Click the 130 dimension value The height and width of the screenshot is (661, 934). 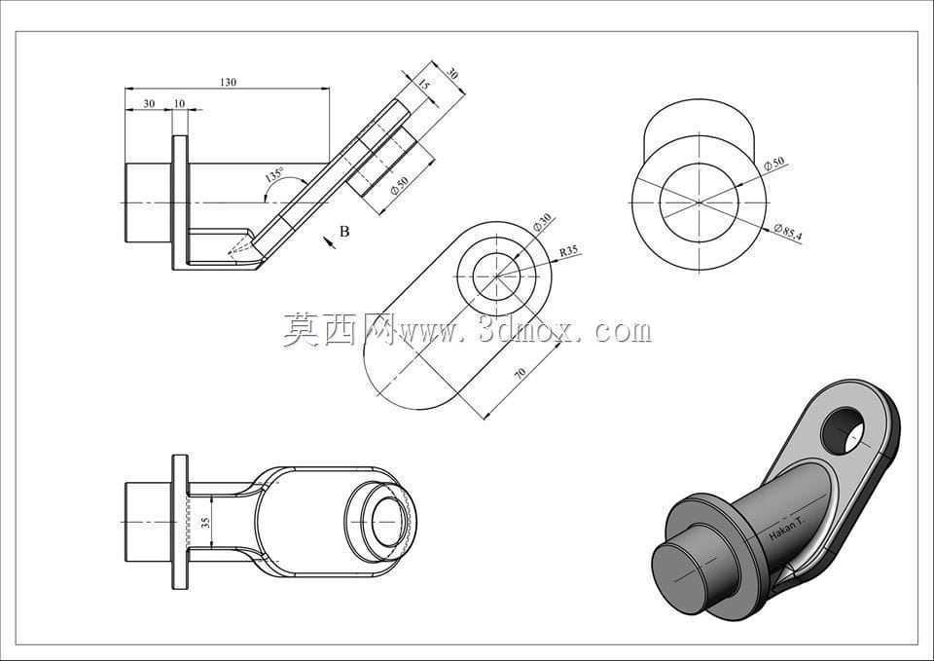[228, 82]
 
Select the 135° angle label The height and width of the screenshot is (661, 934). [275, 174]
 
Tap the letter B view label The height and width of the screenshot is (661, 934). [344, 232]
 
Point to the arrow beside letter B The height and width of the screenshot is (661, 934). [328, 240]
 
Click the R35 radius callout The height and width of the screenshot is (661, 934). [568, 251]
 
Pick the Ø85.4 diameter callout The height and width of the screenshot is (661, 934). [789, 232]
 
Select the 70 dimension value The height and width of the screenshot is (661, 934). [520, 373]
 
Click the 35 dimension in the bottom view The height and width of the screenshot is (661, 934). [205, 523]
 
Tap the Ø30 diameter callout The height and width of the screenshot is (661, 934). [542, 222]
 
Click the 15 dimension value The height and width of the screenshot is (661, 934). [422, 84]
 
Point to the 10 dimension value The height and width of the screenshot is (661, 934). [179, 104]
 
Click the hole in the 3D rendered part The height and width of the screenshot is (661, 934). [843, 430]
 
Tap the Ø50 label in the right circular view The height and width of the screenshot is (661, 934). [774, 164]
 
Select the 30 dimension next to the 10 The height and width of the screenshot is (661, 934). [149, 104]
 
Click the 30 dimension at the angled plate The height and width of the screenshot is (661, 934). [452, 74]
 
